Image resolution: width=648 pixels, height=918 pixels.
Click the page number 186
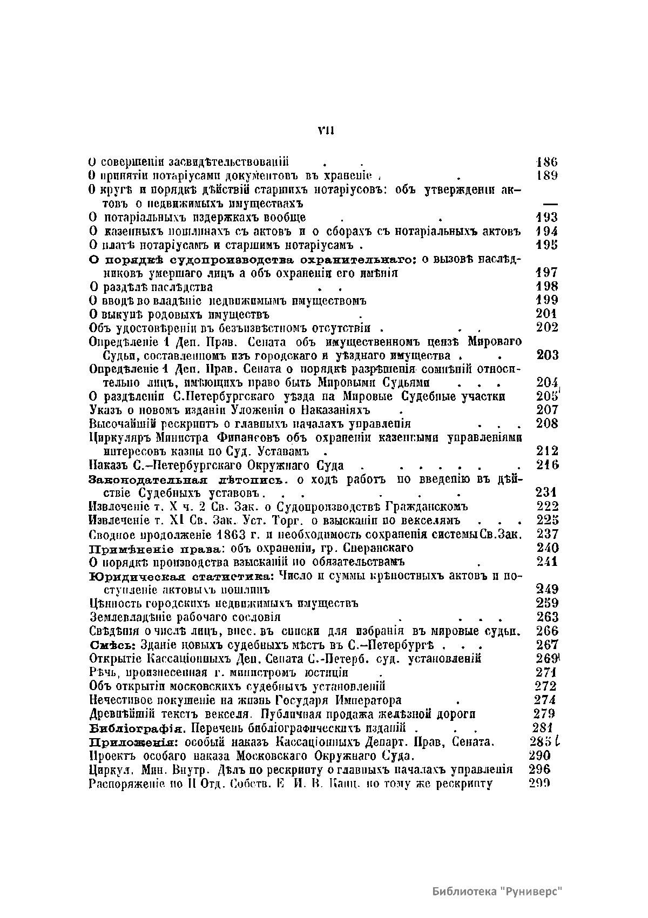coord(546,161)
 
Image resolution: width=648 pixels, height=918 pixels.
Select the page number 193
coord(546,218)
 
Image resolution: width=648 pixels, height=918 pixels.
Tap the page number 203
coord(548,355)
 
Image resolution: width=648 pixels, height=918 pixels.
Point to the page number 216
coord(548,465)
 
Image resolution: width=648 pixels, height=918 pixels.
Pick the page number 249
coord(547,589)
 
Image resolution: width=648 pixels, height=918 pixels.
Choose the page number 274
coord(545,700)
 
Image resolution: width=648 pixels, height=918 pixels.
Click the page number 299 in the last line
coord(539,784)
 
